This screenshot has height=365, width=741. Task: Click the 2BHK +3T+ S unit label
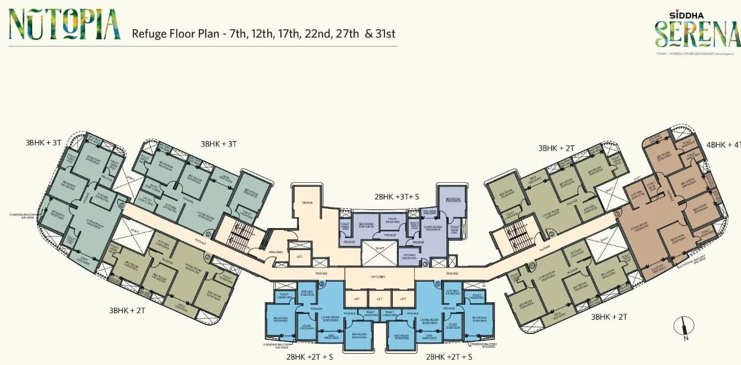click(397, 196)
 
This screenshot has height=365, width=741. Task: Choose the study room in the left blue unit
click(307, 326)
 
